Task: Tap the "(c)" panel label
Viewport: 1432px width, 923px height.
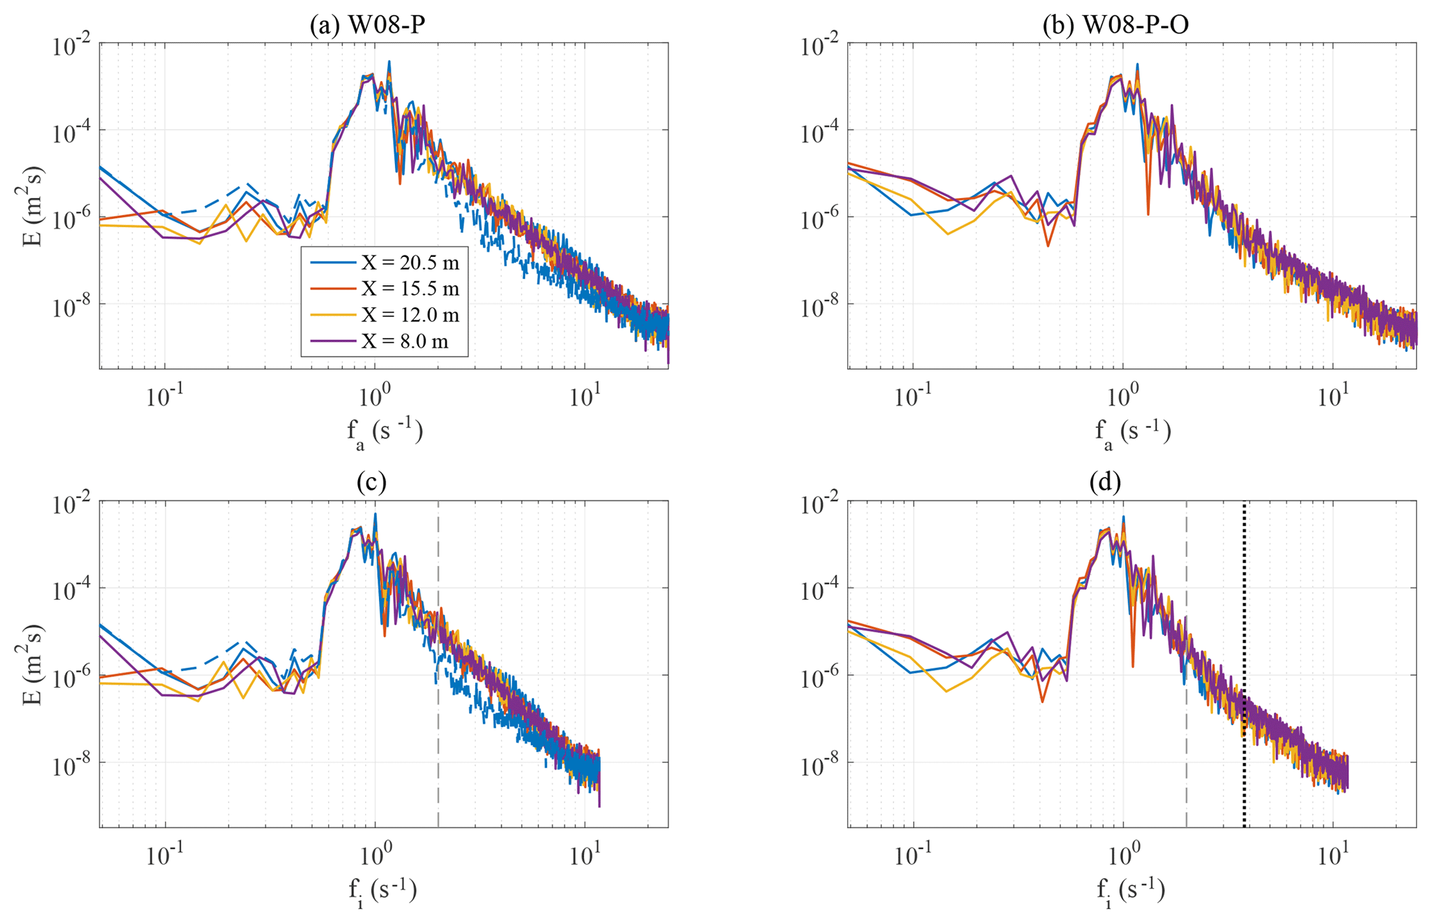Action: [x=371, y=483]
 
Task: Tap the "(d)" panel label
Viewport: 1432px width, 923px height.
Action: [x=1105, y=483]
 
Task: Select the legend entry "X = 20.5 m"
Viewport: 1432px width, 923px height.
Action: [x=409, y=262]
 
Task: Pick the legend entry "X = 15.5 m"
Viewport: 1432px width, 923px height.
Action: [x=409, y=289]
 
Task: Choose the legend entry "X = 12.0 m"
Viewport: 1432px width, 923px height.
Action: [x=409, y=315]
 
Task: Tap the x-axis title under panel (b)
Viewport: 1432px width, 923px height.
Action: [x=1133, y=433]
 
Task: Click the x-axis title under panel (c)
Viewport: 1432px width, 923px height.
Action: [x=383, y=891]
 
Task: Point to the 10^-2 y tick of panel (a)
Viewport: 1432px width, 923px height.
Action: [x=73, y=45]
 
